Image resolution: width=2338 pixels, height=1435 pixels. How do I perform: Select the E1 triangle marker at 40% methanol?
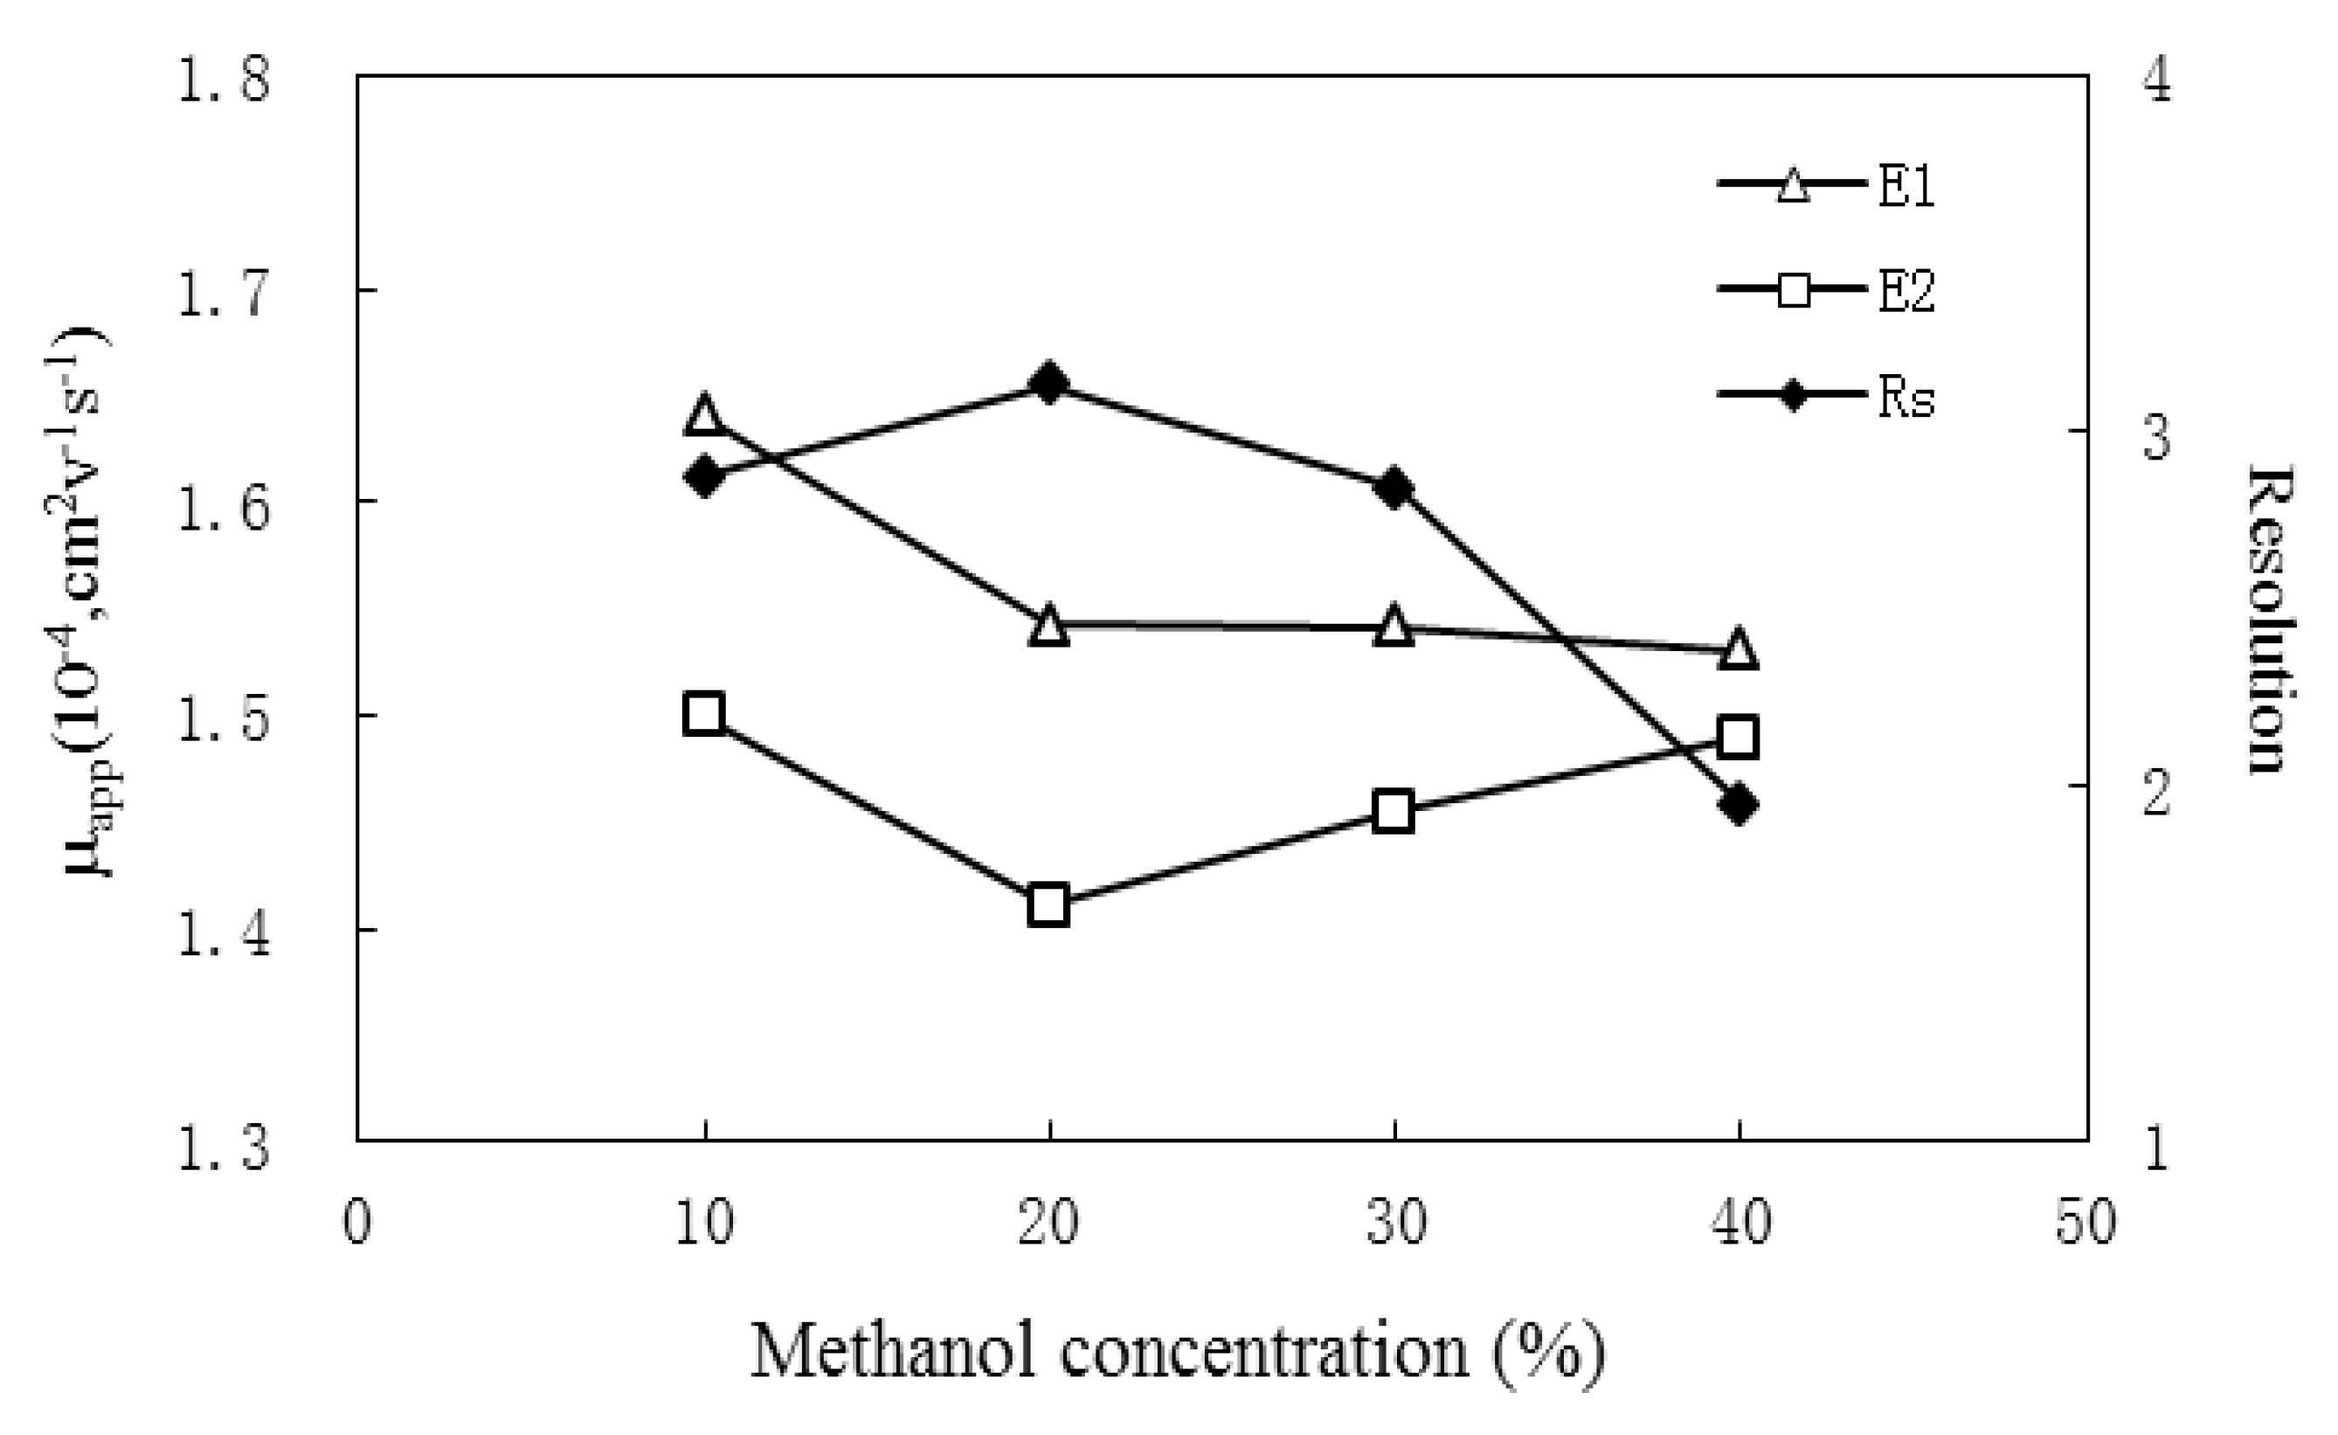coord(1739,651)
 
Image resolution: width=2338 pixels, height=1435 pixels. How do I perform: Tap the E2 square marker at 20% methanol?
coord(1048,905)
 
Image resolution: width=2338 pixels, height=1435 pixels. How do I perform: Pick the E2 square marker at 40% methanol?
coord(1739,738)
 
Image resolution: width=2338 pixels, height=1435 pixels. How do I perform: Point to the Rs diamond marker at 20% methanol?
coord(1048,384)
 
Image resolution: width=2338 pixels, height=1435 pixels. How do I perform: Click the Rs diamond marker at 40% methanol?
coord(1739,805)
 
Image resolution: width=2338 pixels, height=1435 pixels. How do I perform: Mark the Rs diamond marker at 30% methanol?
coord(1394,489)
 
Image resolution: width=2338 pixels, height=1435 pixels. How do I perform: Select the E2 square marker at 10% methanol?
coord(704,714)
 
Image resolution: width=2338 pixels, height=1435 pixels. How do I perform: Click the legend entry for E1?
coord(1827,184)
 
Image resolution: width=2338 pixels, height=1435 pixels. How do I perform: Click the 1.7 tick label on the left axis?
coord(224,291)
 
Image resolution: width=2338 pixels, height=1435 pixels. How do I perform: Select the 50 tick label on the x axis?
coord(2086,1223)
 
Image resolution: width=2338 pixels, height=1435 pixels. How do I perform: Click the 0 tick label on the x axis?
coord(356,1223)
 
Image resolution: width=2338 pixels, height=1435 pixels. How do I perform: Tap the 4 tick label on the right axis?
coord(2158,80)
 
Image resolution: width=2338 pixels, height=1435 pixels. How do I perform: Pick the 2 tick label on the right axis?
coord(2158,793)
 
